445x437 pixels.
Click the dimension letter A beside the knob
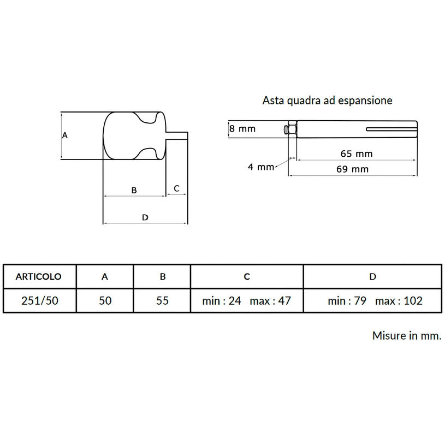pyautogui.click(x=65, y=135)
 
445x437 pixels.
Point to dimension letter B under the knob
pyautogui.click(x=134, y=190)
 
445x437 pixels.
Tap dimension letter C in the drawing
pyautogui.click(x=176, y=188)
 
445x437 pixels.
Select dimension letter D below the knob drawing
pyautogui.click(x=145, y=217)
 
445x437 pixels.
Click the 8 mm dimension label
pyautogui.click(x=242, y=128)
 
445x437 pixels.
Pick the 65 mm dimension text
pyautogui.click(x=357, y=154)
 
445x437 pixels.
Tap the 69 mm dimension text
pyautogui.click(x=353, y=169)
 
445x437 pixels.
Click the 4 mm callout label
pyautogui.click(x=261, y=167)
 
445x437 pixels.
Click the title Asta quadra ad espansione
pyautogui.click(x=327, y=101)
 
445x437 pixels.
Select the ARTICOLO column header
pyautogui.click(x=39, y=276)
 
